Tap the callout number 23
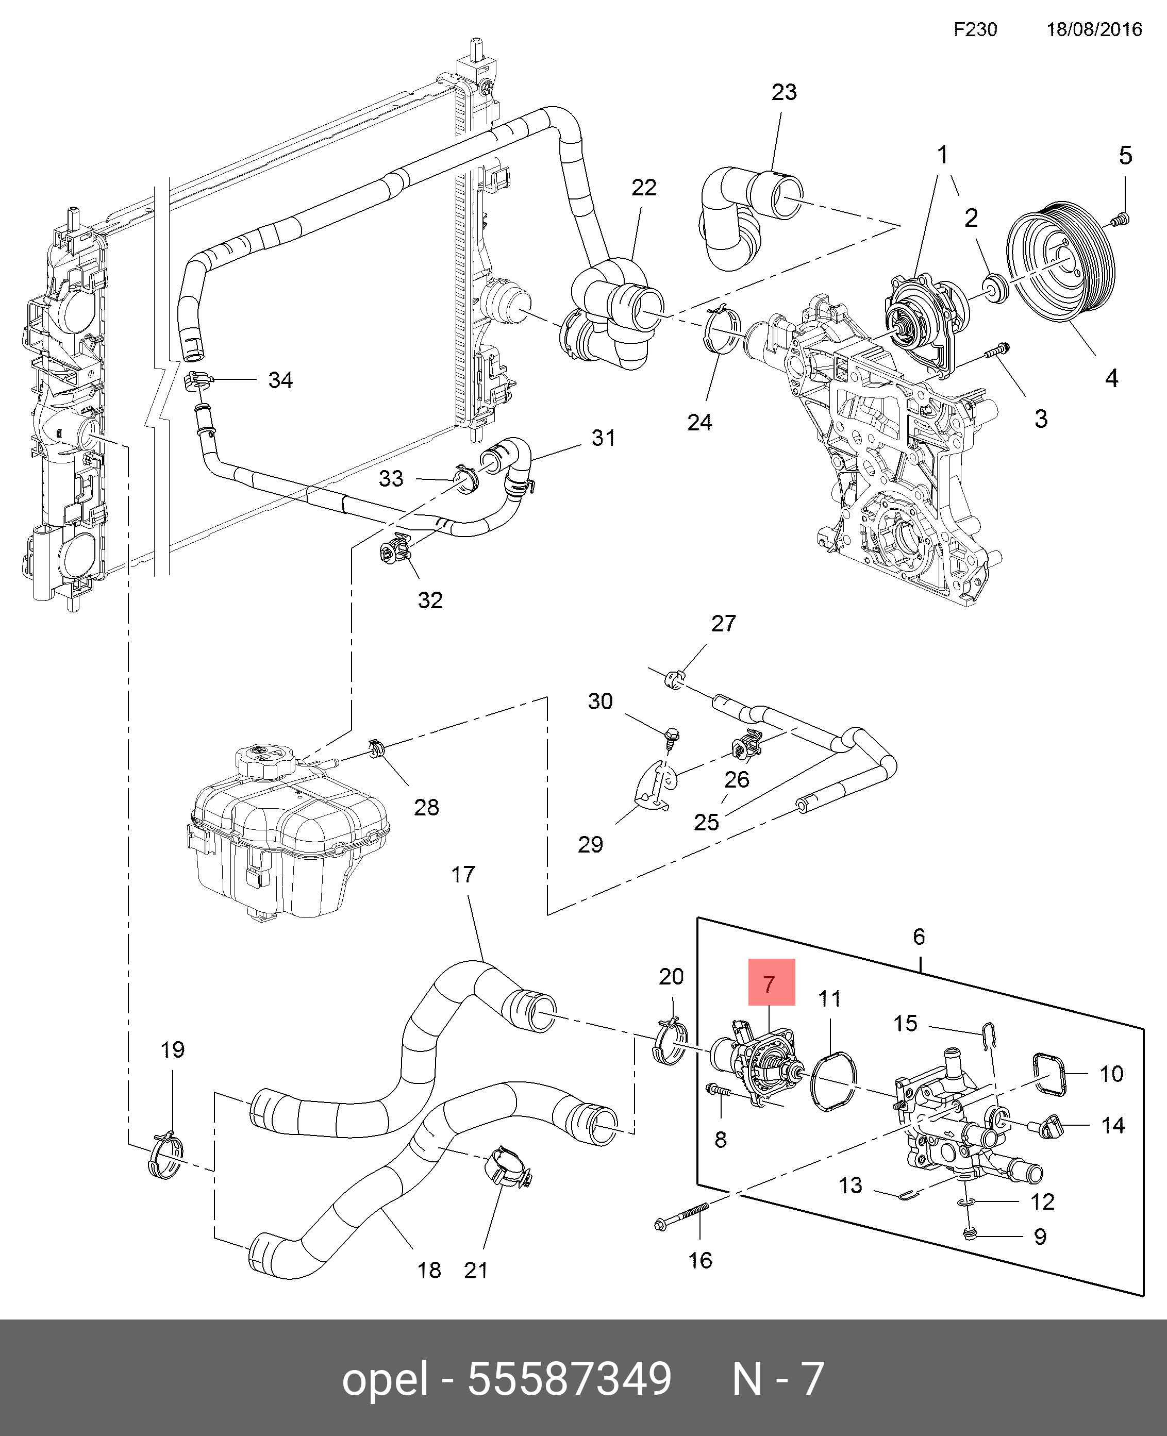pyautogui.click(x=784, y=92)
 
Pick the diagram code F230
pyautogui.click(x=975, y=29)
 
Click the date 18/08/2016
pyautogui.click(x=1094, y=29)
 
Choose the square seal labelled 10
pyautogui.click(x=1049, y=1074)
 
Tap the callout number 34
pyautogui.click(x=280, y=380)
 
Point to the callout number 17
pyautogui.click(x=462, y=875)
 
